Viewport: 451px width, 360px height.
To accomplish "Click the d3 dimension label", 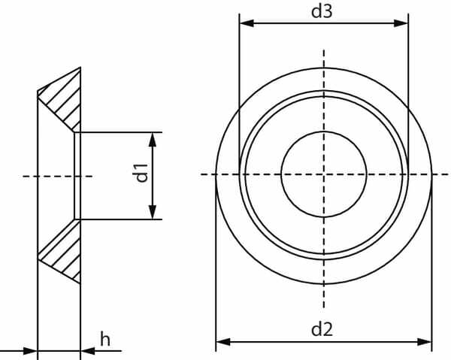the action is click(322, 12).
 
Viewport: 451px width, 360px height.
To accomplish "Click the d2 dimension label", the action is click(322, 329).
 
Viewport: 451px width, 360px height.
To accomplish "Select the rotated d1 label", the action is click(142, 173).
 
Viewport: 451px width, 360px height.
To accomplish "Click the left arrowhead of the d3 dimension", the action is click(247, 23).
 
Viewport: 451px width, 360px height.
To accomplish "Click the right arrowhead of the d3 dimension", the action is click(401, 23).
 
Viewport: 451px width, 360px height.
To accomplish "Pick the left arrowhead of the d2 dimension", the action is click(223, 342).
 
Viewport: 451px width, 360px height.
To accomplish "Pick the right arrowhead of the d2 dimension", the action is click(424, 342).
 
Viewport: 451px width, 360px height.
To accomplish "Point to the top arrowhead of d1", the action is click(153, 140).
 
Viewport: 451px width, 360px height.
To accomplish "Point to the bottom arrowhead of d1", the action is click(153, 212).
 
